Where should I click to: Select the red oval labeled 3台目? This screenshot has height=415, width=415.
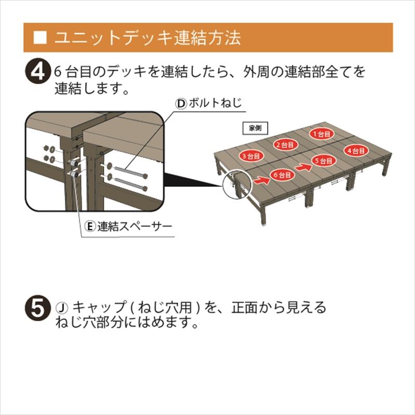250,156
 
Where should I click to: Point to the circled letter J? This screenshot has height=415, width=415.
61,307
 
